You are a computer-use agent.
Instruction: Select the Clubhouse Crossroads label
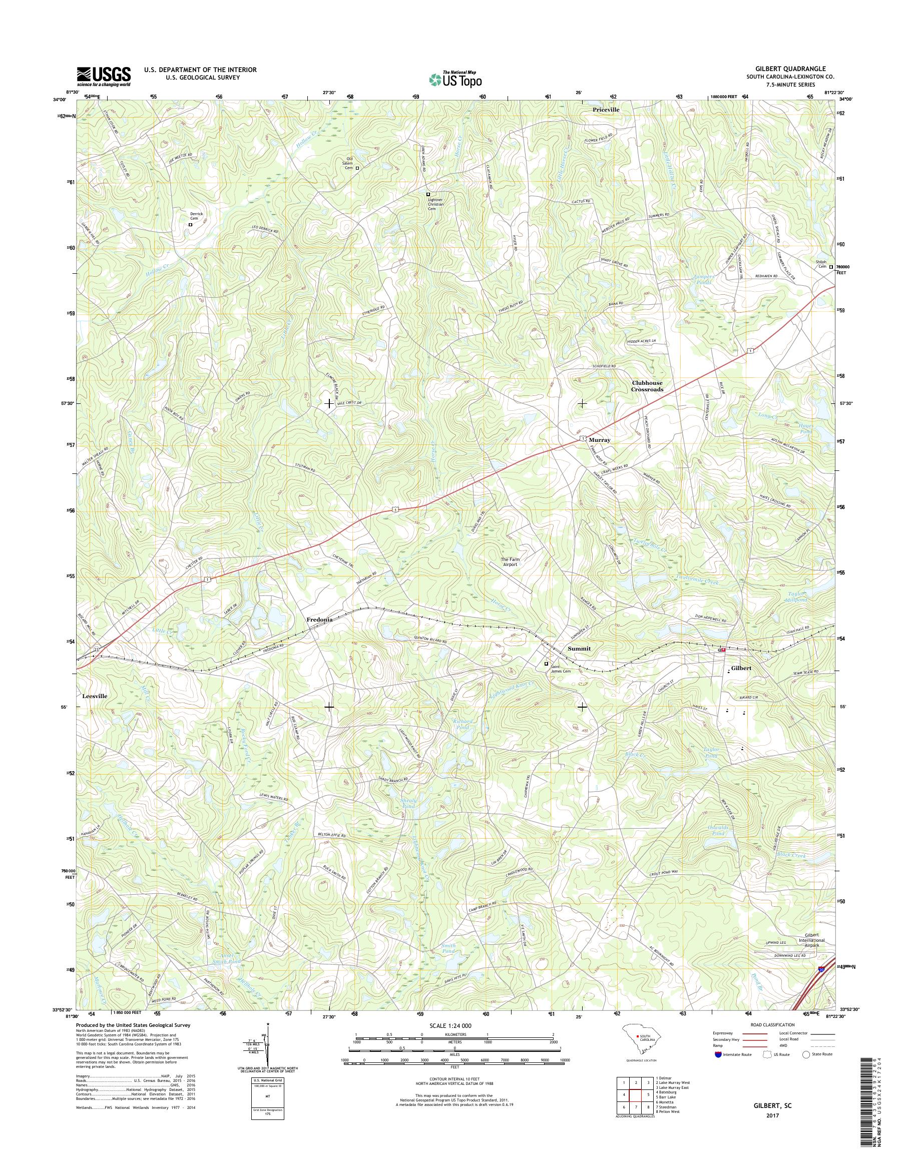click(x=648, y=386)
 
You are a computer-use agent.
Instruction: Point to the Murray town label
click(x=599, y=440)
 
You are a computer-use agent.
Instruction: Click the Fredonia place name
click(x=319, y=620)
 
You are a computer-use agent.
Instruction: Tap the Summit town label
click(x=579, y=649)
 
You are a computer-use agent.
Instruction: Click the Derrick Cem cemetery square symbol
click(x=190, y=225)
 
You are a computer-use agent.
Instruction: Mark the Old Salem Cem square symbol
click(x=357, y=168)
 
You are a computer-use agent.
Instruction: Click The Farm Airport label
click(x=510, y=561)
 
